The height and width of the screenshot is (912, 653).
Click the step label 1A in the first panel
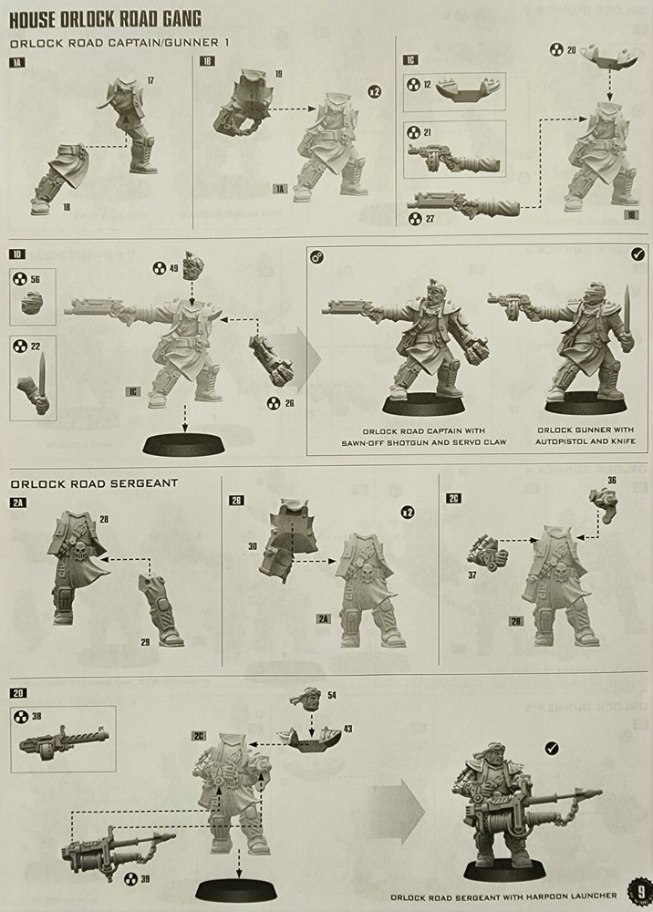16,61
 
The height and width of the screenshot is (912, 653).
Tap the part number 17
150,81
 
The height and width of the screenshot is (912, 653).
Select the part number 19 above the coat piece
277,72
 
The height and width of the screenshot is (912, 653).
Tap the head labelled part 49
192,270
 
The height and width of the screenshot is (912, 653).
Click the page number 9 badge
640,892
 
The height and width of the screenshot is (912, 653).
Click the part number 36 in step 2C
612,480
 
